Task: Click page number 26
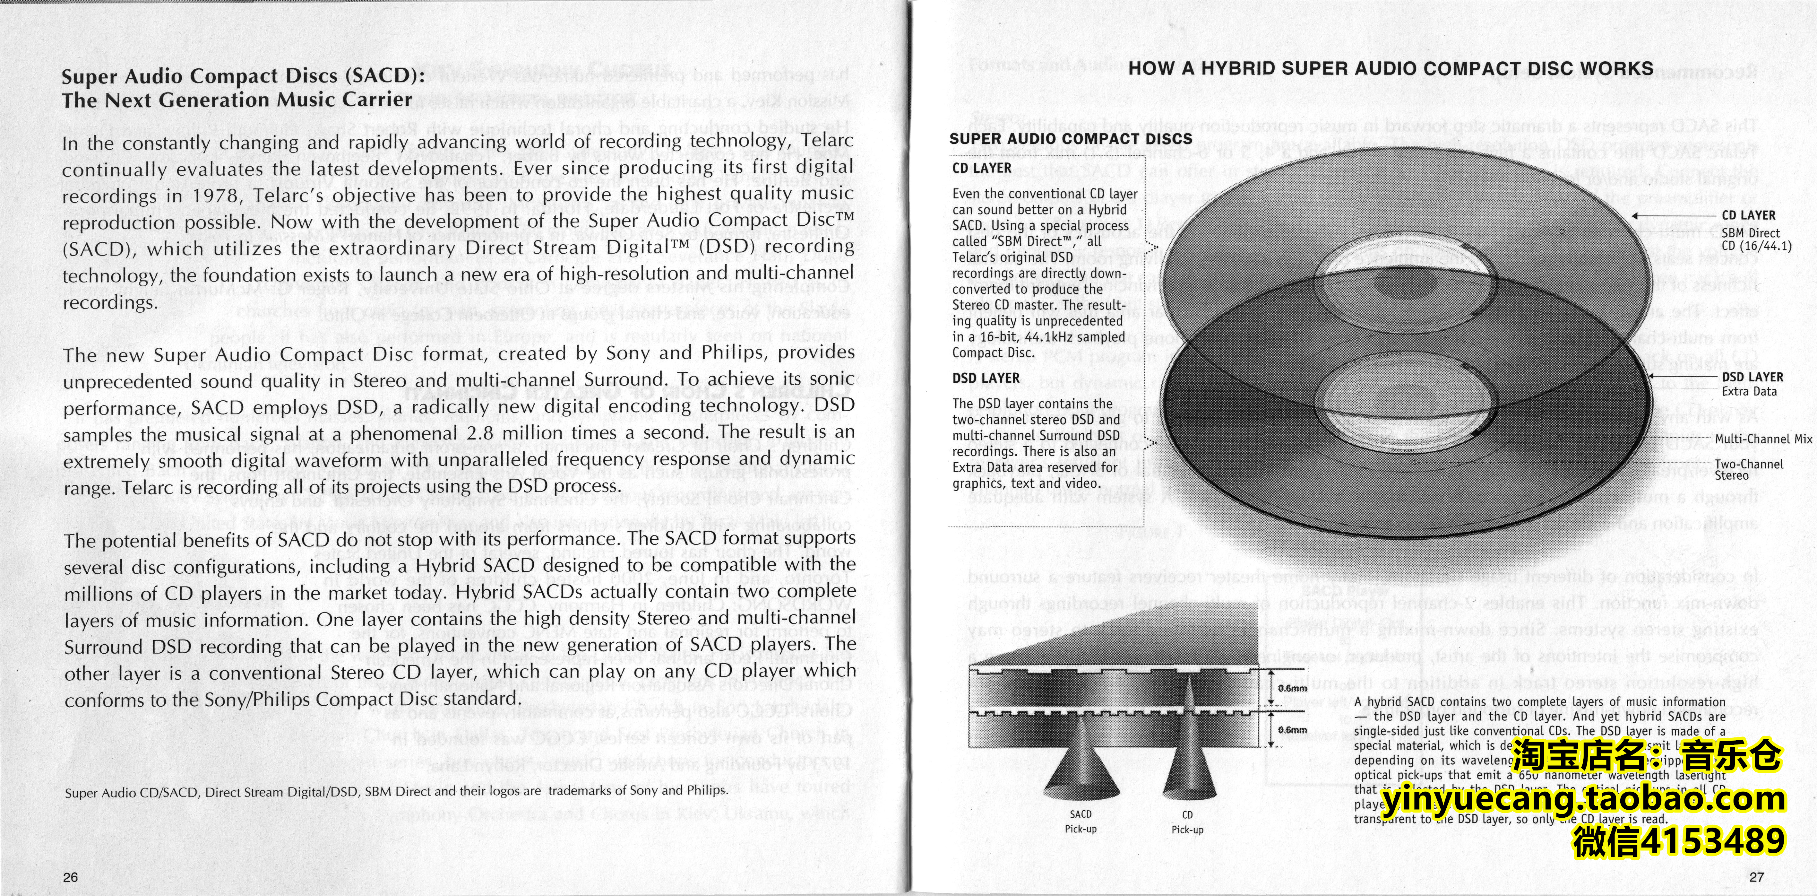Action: tap(71, 877)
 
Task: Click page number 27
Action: tap(1756, 877)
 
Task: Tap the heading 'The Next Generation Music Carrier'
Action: tap(236, 100)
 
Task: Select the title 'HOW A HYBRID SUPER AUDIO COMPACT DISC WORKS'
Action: tap(1391, 69)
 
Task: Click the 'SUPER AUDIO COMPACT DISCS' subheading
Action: tap(1070, 139)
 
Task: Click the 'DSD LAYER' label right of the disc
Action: tap(1752, 378)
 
